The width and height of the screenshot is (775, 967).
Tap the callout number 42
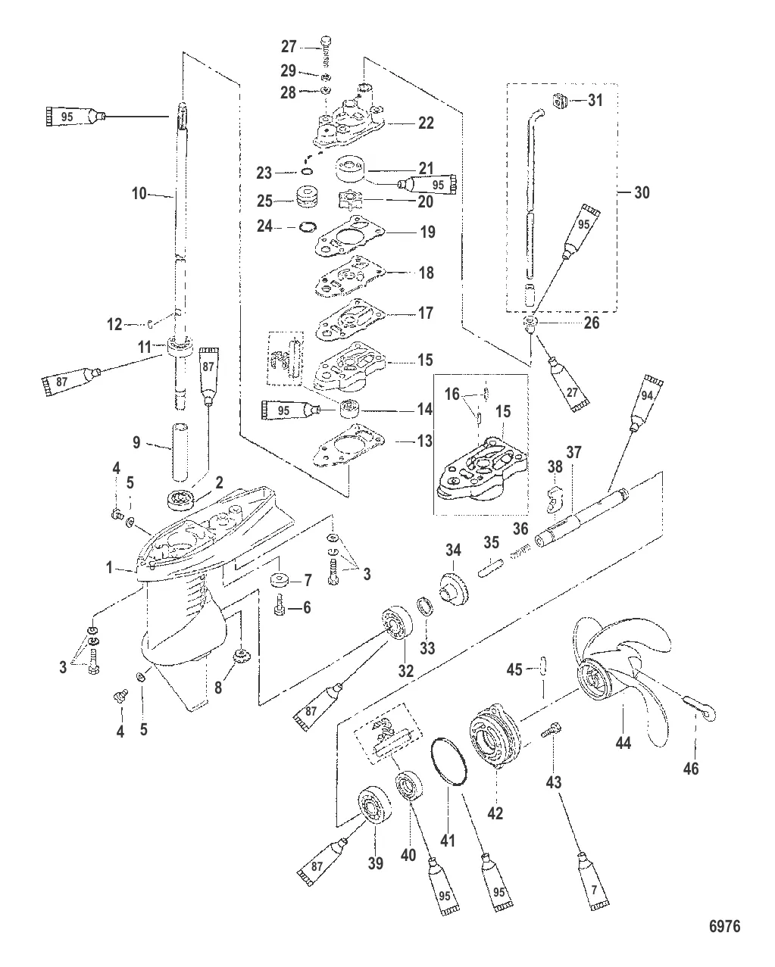click(496, 814)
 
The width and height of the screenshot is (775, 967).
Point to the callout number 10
click(139, 194)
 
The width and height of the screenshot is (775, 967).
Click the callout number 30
click(641, 192)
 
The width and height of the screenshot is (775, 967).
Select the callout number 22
click(426, 123)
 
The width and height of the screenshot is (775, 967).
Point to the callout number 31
click(595, 99)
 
